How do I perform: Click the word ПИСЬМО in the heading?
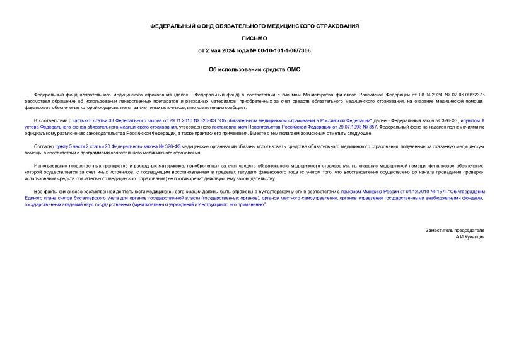(x=254, y=38)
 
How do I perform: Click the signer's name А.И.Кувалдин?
(x=469, y=236)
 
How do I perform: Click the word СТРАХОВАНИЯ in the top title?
(x=336, y=26)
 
